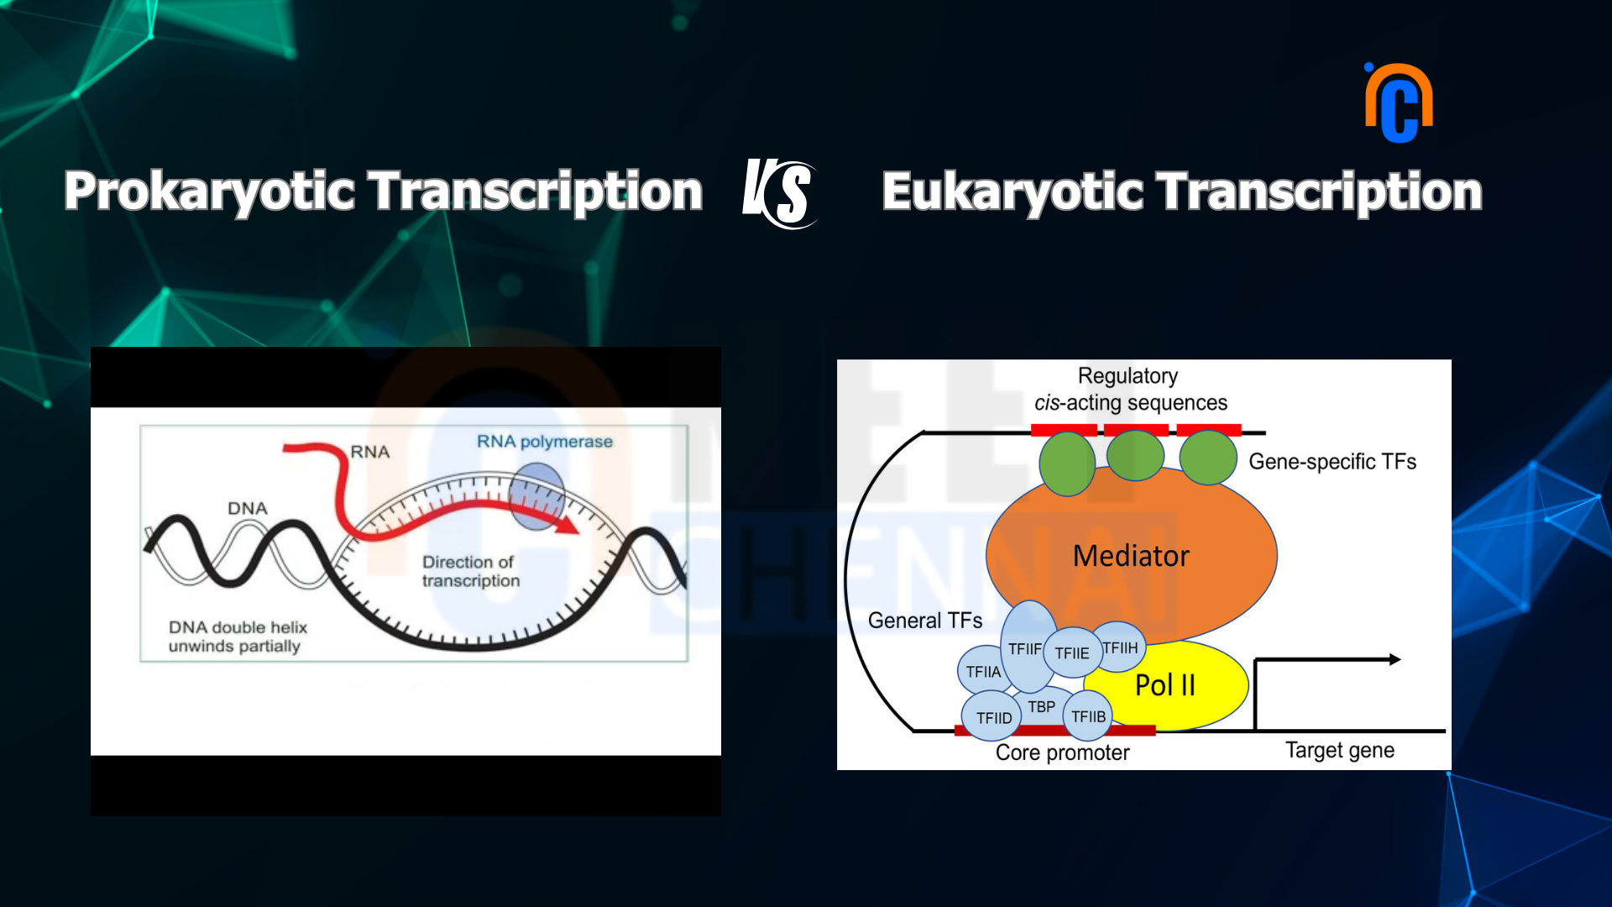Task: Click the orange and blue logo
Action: click(1399, 102)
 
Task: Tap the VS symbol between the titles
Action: click(778, 193)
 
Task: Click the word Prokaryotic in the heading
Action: click(209, 192)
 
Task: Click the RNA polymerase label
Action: click(545, 442)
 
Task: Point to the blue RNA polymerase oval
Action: click(537, 495)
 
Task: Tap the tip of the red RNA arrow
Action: click(578, 530)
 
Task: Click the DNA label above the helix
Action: click(248, 509)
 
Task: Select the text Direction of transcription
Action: click(471, 571)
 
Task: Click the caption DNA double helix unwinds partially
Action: click(238, 637)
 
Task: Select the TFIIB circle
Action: click(1088, 716)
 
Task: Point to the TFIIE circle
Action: click(1072, 653)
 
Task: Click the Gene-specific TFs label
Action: click(1332, 462)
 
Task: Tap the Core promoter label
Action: click(1062, 752)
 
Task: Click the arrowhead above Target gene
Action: click(1395, 659)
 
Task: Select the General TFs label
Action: click(925, 621)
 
